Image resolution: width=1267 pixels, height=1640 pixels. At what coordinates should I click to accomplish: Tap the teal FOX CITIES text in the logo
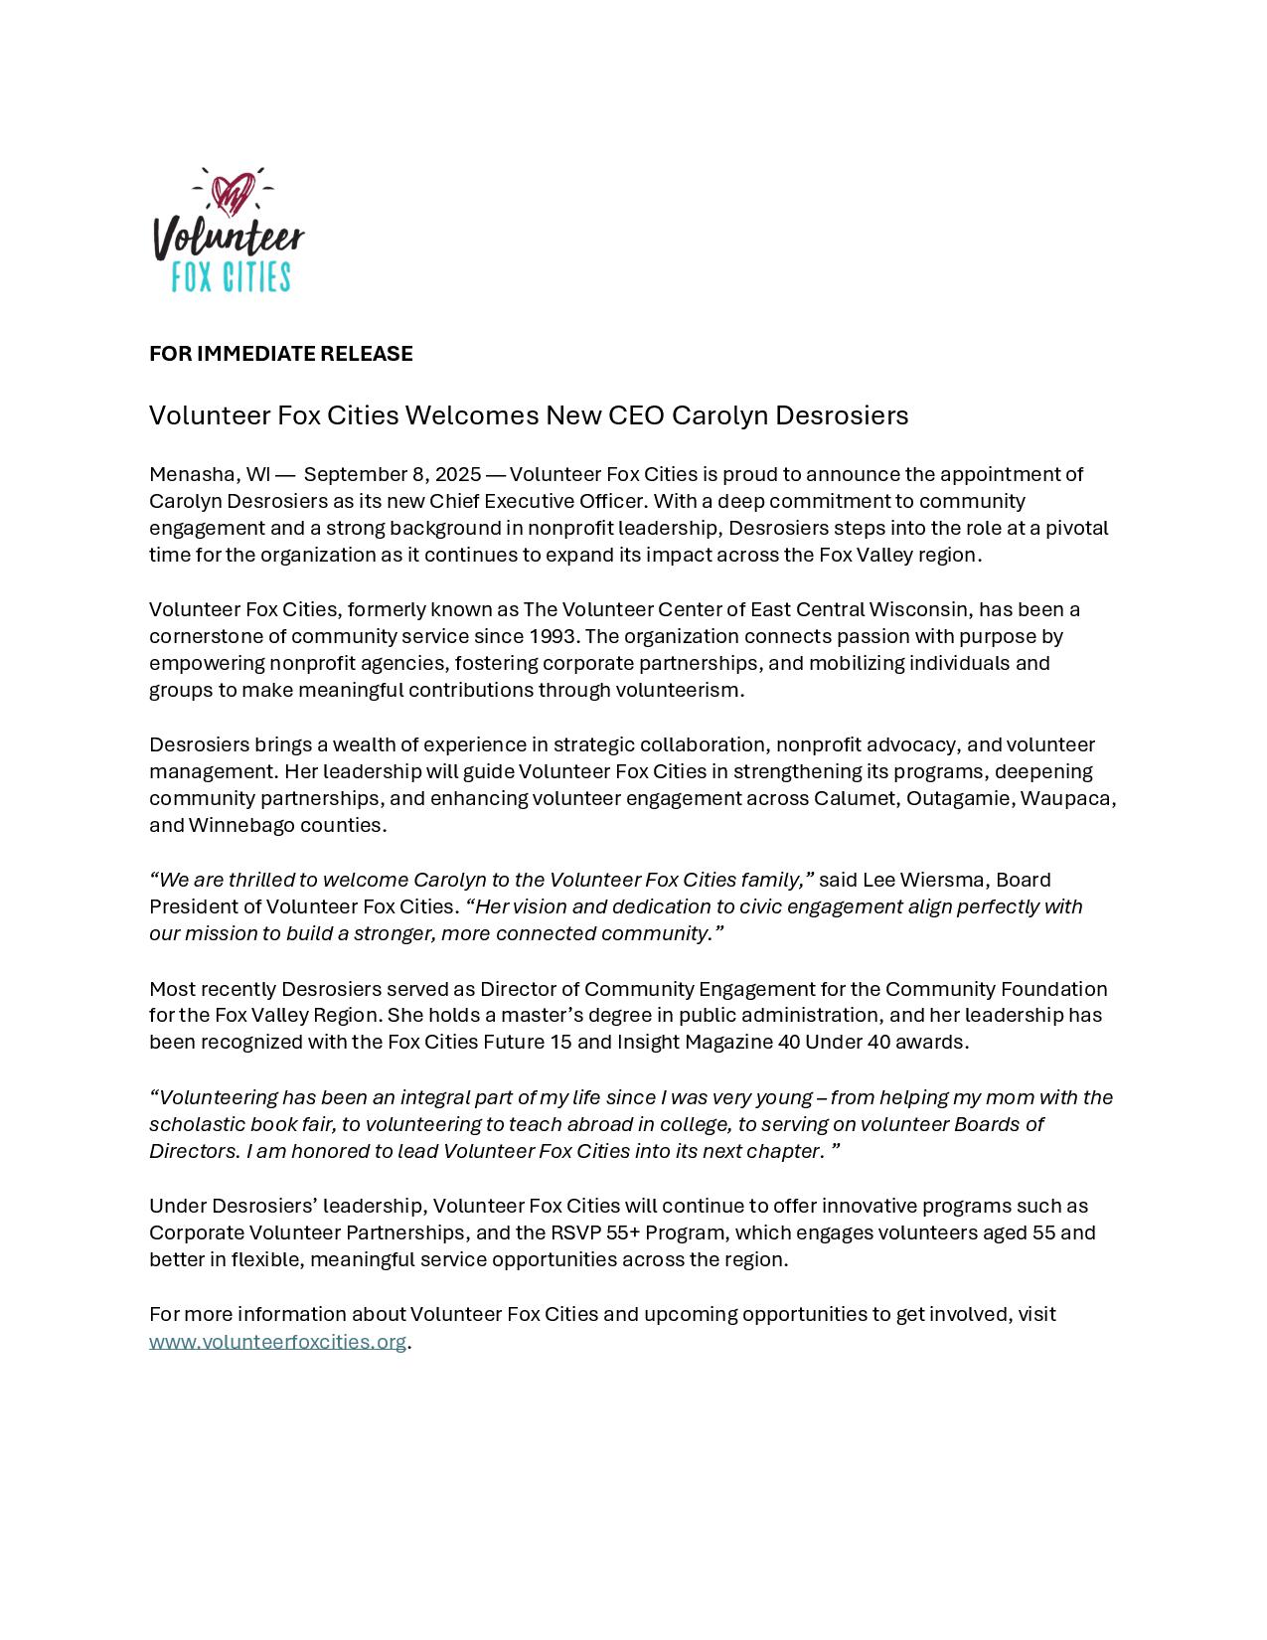tap(231, 276)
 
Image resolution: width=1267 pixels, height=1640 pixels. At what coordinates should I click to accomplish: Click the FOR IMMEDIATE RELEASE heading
tap(280, 354)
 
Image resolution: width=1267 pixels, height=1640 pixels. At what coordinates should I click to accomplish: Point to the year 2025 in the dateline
tap(458, 474)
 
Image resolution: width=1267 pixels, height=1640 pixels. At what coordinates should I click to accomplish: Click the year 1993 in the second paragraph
tap(553, 636)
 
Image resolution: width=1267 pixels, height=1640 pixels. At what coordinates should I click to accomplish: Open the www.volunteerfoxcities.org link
tap(277, 1342)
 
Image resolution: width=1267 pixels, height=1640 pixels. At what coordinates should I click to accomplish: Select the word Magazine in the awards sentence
tap(731, 1042)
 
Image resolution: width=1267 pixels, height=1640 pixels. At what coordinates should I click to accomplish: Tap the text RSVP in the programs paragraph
tap(575, 1232)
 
